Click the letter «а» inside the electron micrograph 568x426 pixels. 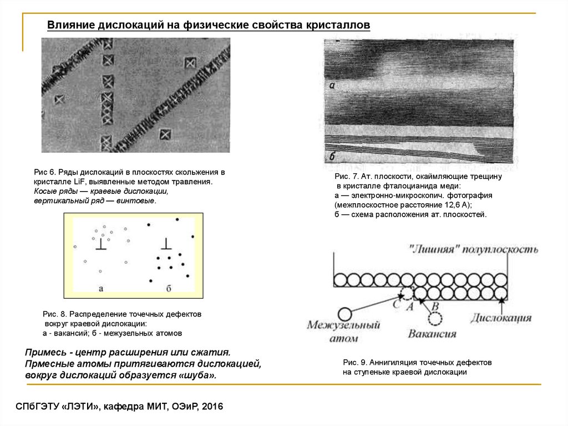(x=332, y=86)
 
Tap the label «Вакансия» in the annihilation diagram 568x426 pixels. (x=432, y=334)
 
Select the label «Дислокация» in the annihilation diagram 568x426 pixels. (x=501, y=318)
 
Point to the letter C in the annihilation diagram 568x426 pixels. (x=396, y=303)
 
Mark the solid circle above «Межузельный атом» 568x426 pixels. (x=346, y=314)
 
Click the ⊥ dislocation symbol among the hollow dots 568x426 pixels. (x=101, y=245)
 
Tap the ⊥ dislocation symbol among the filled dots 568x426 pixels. (x=166, y=245)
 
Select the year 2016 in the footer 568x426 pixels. (x=211, y=407)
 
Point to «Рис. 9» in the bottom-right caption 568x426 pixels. (x=355, y=362)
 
